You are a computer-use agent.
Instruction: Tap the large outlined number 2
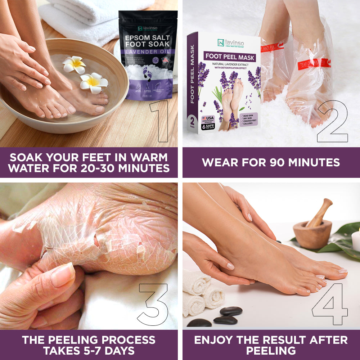point(332,122)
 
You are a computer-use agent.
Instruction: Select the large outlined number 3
point(153,304)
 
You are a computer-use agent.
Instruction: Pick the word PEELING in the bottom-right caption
point(271,351)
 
